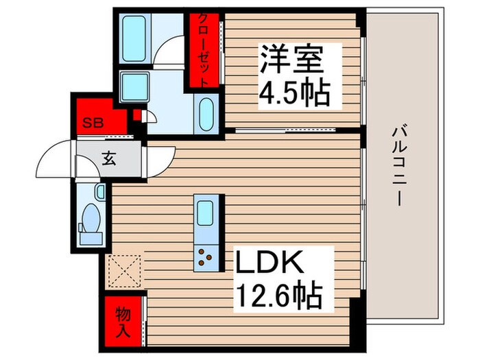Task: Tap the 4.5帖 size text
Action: coord(293,91)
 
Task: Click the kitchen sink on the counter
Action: coord(206,212)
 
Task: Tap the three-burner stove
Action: coord(205,256)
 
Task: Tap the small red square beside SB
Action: coord(137,116)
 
